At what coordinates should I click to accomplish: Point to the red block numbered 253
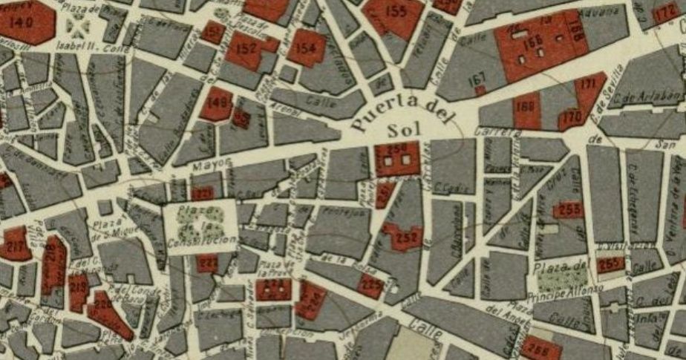point(569,210)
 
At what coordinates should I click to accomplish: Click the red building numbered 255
point(610,264)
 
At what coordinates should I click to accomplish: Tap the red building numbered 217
point(15,243)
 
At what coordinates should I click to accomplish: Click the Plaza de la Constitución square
point(200,226)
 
